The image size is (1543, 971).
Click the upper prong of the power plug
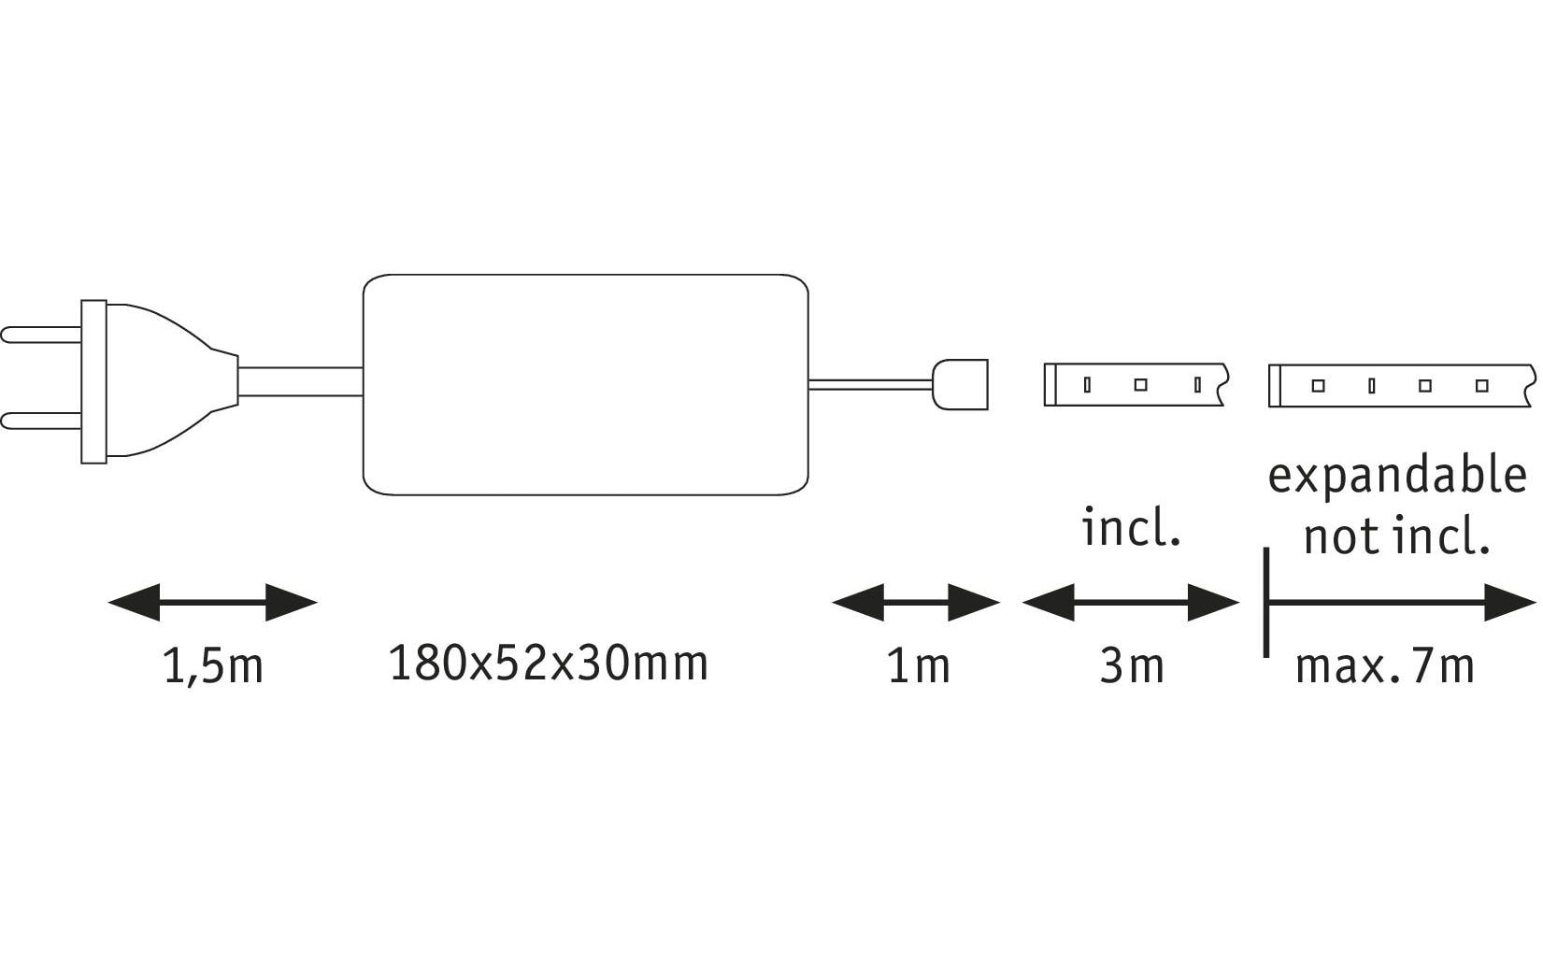click(41, 336)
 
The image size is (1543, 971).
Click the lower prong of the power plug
click(41, 421)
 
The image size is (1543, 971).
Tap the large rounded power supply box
click(585, 384)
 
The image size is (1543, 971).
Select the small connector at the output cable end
click(960, 384)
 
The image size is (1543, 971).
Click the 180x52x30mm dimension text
click(549, 664)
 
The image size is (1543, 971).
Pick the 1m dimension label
click(919, 666)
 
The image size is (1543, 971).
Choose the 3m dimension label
click(1132, 666)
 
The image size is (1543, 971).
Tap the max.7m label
click(1385, 666)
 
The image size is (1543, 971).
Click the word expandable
click(1397, 476)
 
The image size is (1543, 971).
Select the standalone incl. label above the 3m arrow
click(1131, 527)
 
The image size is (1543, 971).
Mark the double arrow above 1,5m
click(213, 603)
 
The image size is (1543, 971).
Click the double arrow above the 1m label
click(916, 603)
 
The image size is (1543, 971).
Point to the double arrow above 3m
click(1131, 603)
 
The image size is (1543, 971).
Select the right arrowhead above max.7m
click(1510, 603)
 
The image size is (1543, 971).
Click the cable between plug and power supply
click(301, 382)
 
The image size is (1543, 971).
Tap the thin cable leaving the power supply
click(871, 384)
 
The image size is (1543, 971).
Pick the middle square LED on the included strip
click(1141, 385)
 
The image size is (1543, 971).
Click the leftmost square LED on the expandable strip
click(1319, 386)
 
